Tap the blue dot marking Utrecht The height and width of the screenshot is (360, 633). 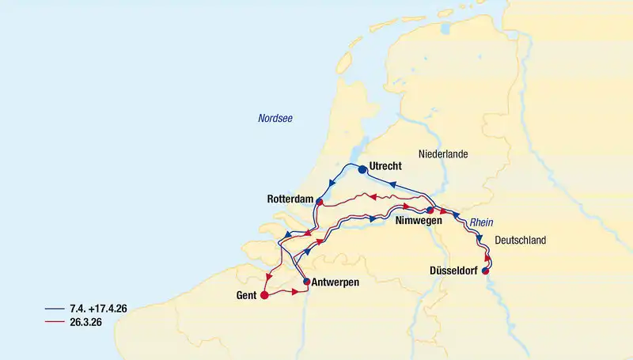point(362,169)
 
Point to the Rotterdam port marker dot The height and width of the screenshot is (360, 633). point(319,202)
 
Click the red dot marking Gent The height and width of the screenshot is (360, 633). point(265,296)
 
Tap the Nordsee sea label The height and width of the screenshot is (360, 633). point(276,118)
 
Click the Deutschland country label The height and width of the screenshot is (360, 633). point(520,240)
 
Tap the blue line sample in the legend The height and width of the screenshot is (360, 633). point(54,309)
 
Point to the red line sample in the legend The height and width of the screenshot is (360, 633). point(54,322)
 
